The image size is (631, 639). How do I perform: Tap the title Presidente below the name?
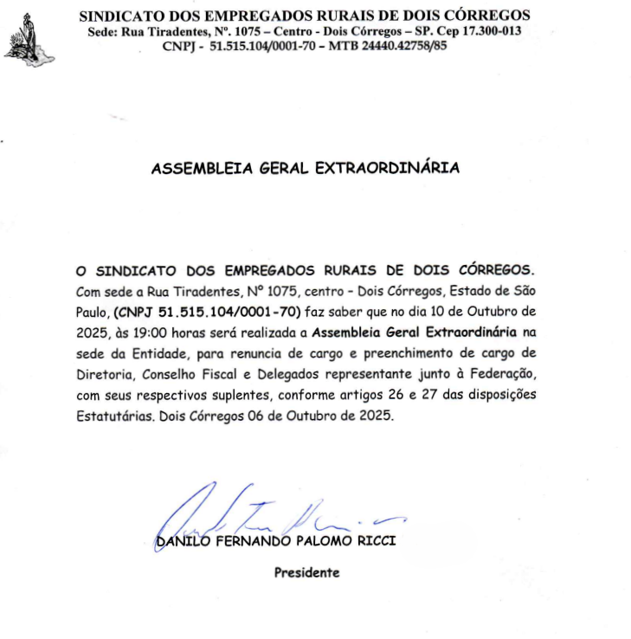(307, 572)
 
